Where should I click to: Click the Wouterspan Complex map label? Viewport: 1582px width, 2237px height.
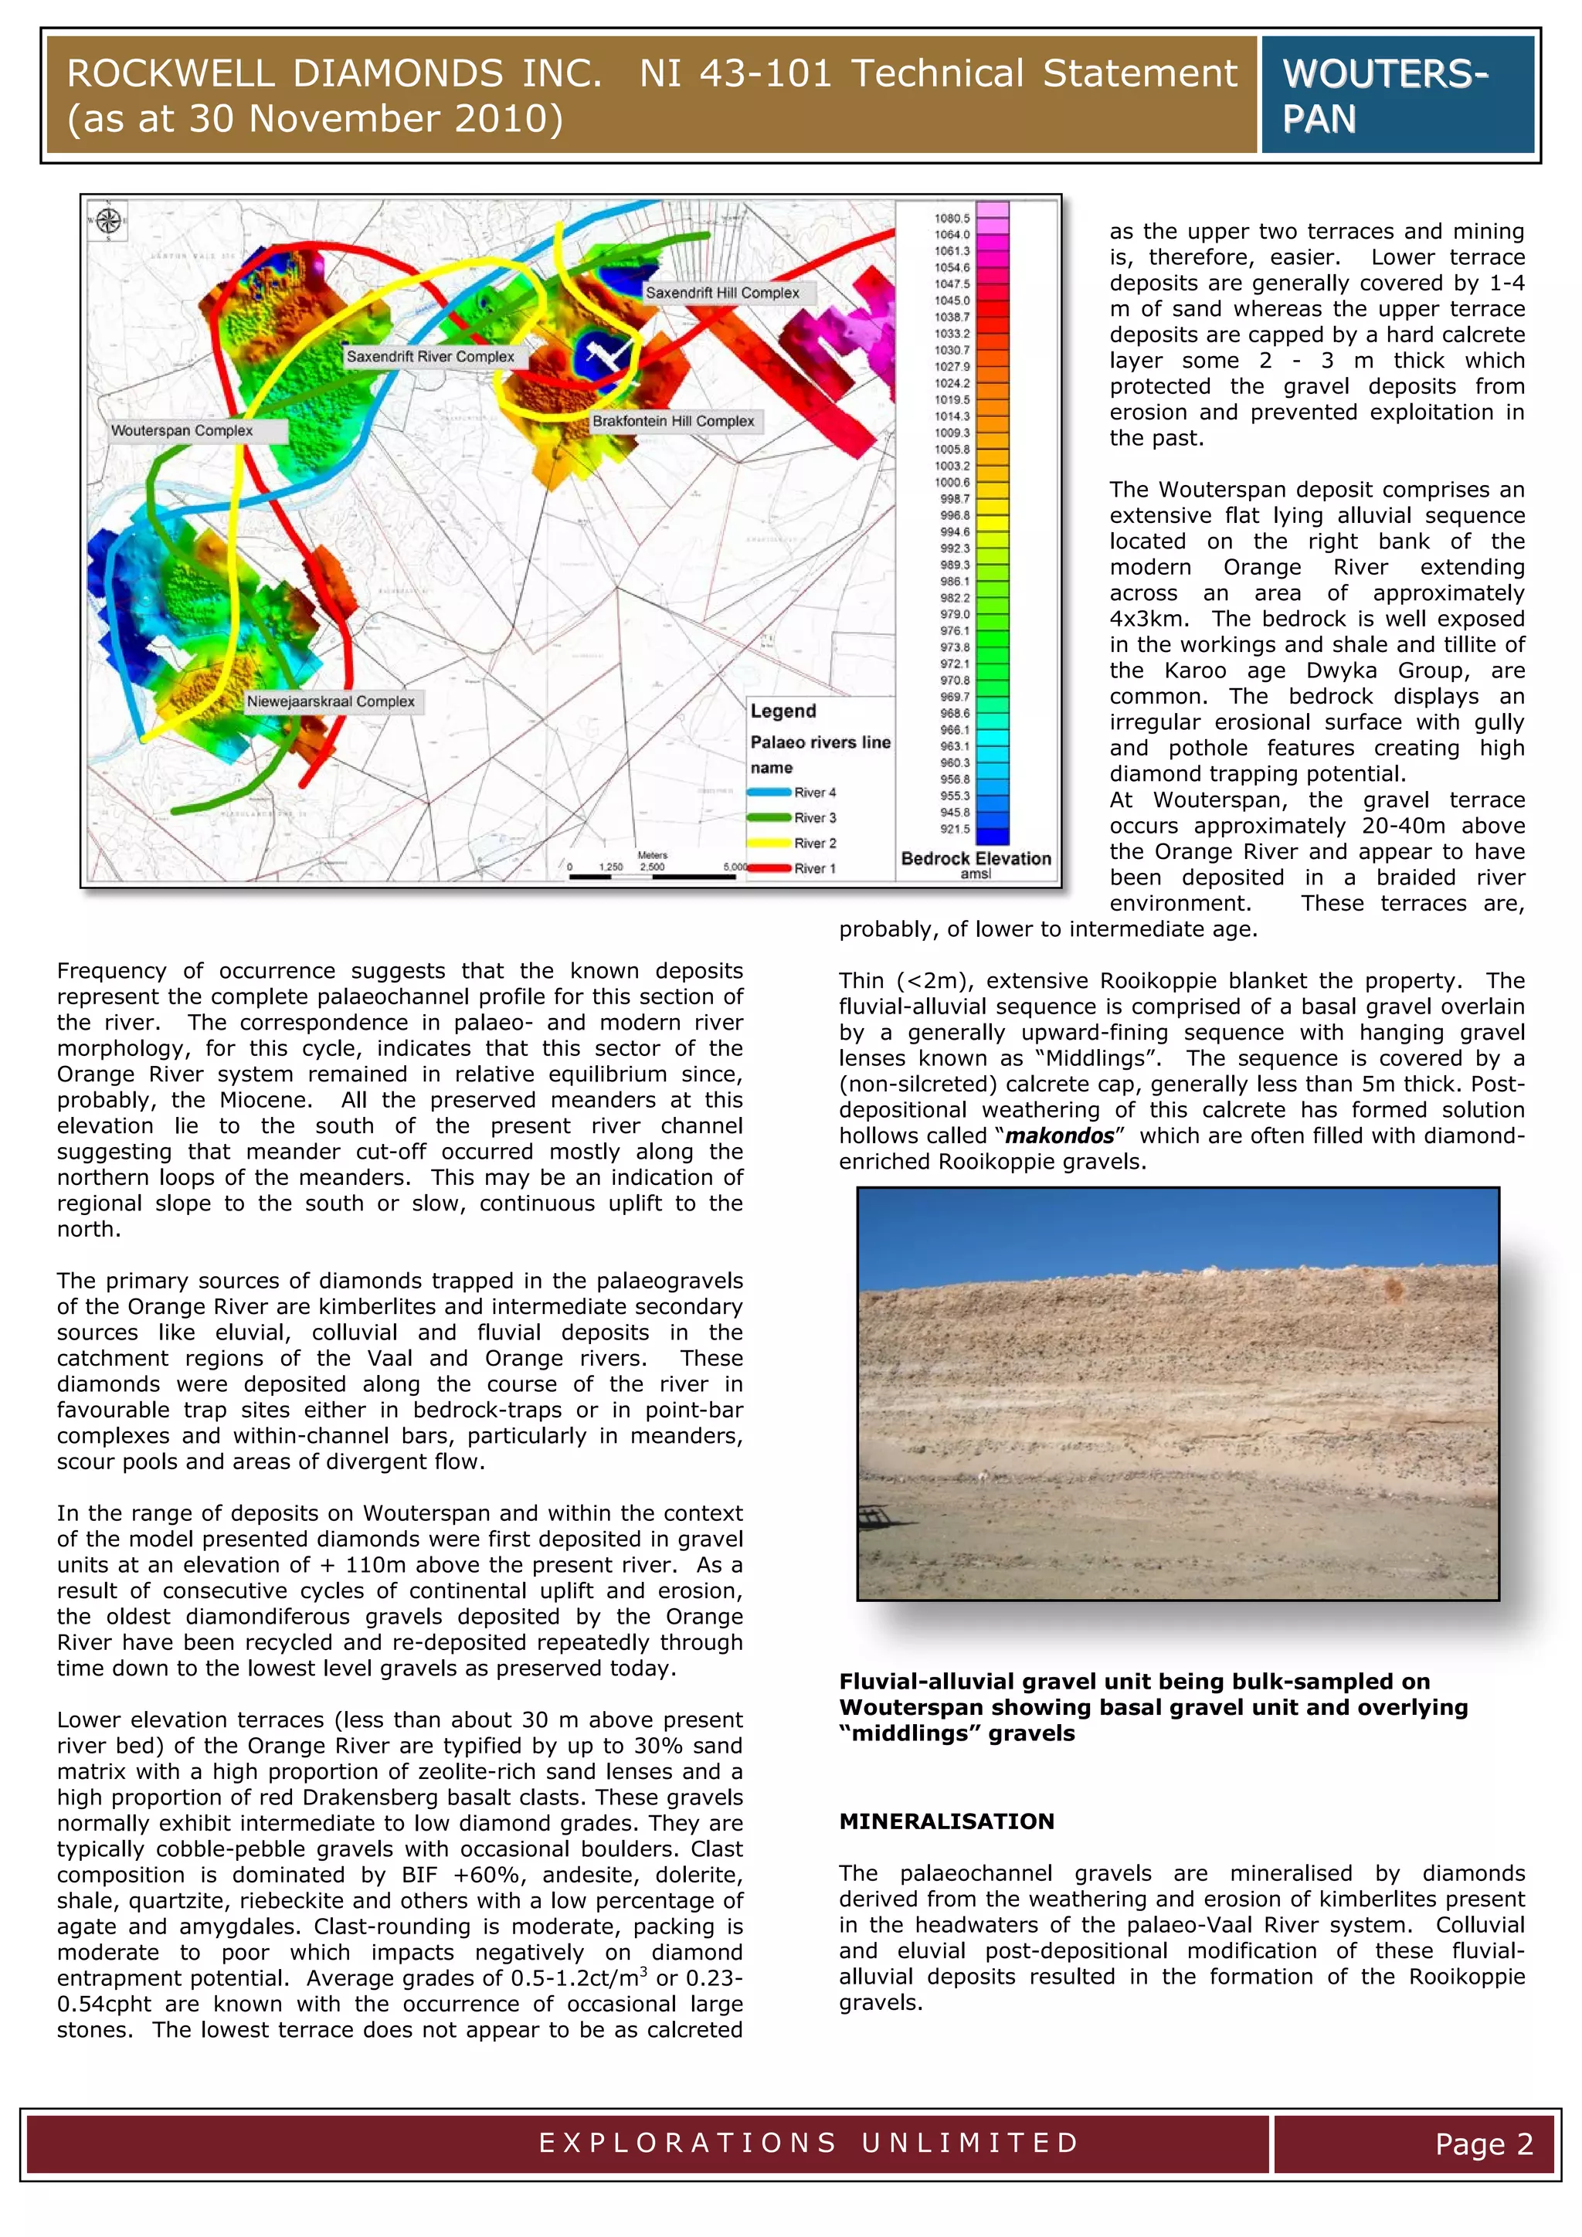(182, 431)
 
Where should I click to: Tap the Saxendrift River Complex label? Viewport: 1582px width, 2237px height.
(429, 357)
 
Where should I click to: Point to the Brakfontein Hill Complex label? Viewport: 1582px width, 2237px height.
(673, 421)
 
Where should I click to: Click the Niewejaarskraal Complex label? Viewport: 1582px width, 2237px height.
(331, 701)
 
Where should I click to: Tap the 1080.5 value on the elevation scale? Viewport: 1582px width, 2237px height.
(952, 219)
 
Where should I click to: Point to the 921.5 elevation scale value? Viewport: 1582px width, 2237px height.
(955, 829)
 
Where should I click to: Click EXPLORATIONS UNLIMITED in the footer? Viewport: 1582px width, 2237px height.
(809, 2143)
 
